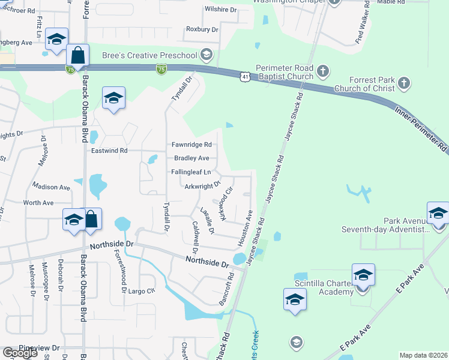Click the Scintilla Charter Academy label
324,287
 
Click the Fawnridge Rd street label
191,145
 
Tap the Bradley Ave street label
191,158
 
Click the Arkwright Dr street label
203,186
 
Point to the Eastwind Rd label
109,151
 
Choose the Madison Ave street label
52,187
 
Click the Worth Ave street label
38,203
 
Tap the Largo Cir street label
141,290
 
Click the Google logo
20,353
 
